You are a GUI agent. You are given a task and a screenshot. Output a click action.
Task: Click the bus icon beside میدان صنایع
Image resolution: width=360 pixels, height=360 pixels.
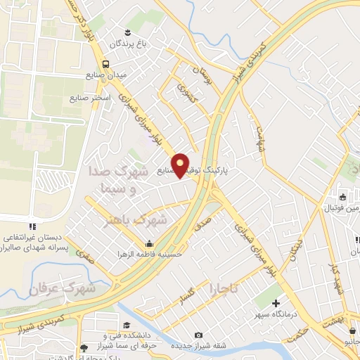(105, 64)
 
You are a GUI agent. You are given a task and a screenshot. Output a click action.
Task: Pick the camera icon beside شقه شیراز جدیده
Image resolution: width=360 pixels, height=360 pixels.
(199, 335)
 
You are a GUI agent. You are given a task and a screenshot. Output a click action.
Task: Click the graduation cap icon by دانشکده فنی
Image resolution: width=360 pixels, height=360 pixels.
(127, 325)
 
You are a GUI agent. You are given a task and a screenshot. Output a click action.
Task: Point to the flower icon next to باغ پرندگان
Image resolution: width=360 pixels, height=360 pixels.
(128, 33)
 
